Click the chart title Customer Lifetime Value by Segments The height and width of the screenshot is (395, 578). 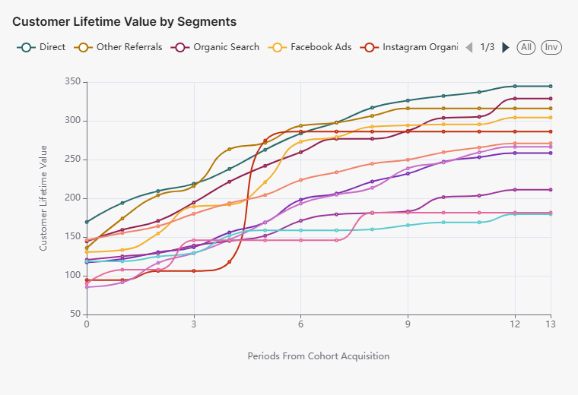point(124,21)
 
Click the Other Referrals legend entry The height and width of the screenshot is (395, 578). point(119,47)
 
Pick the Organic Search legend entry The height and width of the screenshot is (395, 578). point(217,47)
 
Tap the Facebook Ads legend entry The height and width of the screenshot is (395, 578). point(312,47)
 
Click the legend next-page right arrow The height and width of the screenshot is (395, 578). point(506,47)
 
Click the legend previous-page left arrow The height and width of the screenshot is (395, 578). point(469,47)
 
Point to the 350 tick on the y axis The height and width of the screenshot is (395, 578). point(72,81)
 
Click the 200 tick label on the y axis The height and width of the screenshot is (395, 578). point(72,197)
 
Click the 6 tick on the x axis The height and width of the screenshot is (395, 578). point(301,324)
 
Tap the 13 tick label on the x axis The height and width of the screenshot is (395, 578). point(551,324)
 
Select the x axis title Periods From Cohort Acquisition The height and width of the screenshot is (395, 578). point(319,355)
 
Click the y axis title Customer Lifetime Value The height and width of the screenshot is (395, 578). point(43,197)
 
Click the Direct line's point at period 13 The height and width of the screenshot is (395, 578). point(551,86)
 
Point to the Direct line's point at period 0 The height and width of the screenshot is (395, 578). point(87,222)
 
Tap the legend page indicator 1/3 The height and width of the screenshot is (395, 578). point(487,47)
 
